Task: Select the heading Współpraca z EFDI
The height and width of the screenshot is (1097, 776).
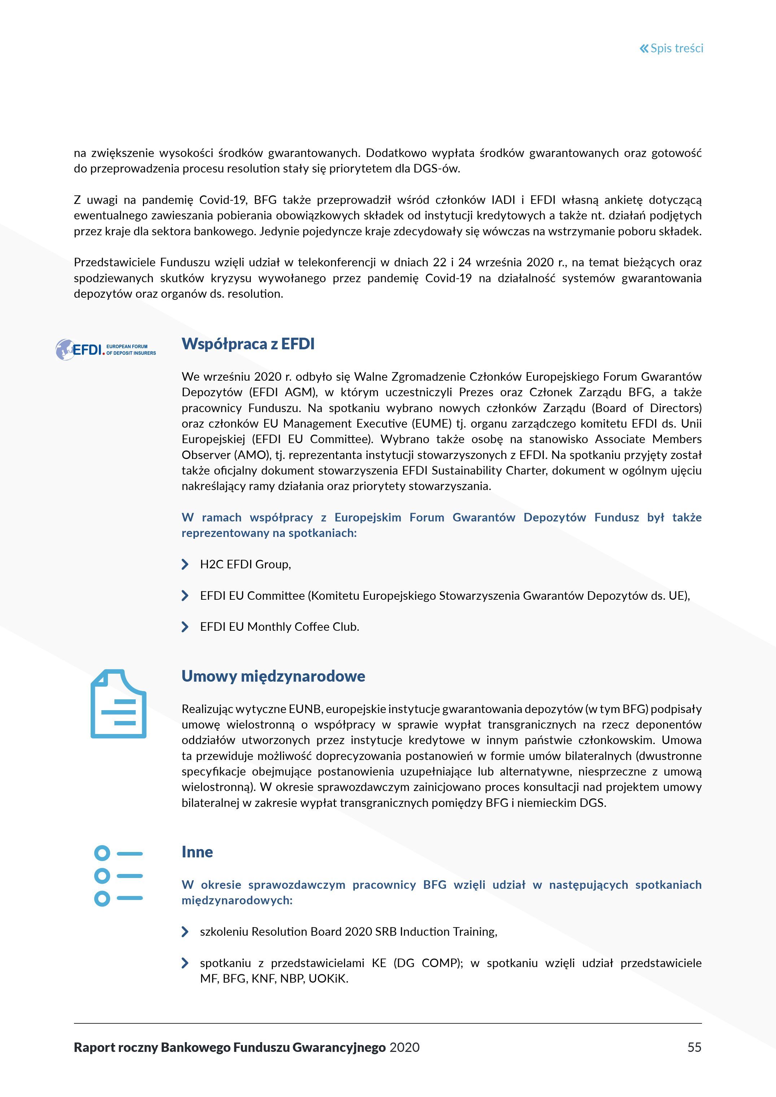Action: click(x=248, y=344)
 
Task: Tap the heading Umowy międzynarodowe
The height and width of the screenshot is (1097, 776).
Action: click(x=273, y=676)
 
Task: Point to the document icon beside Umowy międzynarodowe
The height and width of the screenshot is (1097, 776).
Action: click(x=118, y=704)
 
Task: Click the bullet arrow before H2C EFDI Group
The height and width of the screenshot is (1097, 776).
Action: click(x=185, y=565)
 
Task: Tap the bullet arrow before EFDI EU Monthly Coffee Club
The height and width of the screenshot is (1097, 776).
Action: click(x=185, y=627)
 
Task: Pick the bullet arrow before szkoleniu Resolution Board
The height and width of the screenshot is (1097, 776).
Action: click(x=185, y=932)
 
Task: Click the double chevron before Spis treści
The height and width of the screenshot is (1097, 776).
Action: click(x=644, y=48)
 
